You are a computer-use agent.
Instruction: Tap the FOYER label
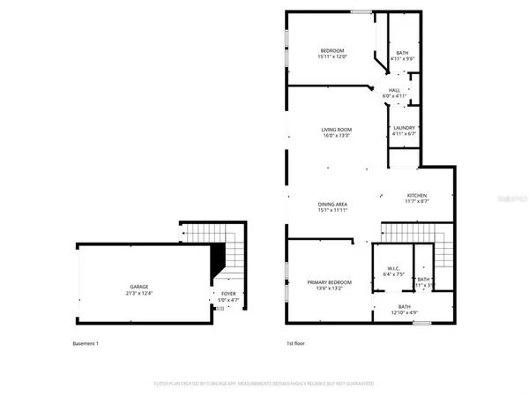pyautogui.click(x=228, y=294)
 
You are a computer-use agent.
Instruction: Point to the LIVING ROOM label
pyautogui.click(x=336, y=130)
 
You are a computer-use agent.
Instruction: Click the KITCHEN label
pyautogui.click(x=416, y=195)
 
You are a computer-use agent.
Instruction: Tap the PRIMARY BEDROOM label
pyautogui.click(x=330, y=282)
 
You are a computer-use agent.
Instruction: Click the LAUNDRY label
pyautogui.click(x=402, y=128)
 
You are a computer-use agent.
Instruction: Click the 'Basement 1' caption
pyautogui.click(x=86, y=343)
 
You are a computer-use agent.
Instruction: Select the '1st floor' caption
pyautogui.click(x=295, y=343)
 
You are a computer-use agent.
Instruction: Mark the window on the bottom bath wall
pyautogui.click(x=421, y=324)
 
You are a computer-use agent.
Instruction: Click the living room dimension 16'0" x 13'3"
pyautogui.click(x=336, y=136)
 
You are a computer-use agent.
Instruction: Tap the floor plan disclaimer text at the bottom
pyautogui.click(x=264, y=384)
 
